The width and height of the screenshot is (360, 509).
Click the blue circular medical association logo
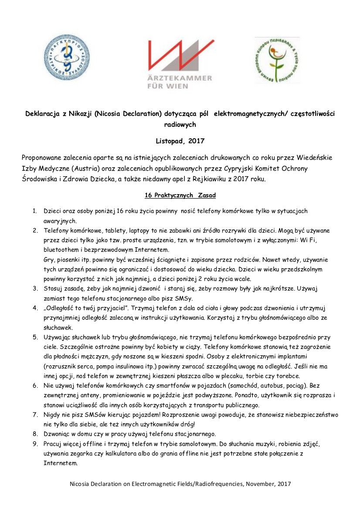(67, 57)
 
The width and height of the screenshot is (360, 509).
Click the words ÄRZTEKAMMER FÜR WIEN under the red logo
(180, 82)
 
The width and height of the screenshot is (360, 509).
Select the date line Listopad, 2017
(180, 141)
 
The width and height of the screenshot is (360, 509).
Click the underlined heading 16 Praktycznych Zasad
(180, 196)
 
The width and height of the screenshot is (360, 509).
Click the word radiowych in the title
(180, 124)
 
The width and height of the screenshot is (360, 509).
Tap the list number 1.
(34, 211)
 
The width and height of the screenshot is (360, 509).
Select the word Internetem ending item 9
(60, 463)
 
